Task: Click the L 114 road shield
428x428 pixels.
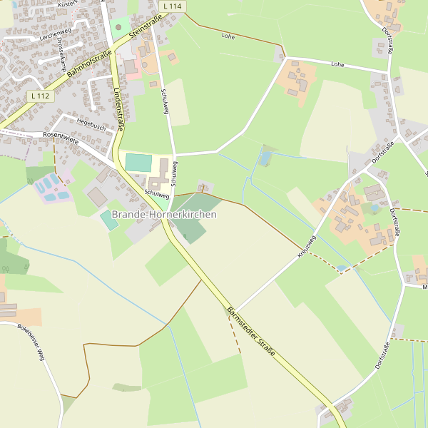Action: (x=173, y=6)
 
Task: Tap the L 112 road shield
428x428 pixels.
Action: (x=40, y=96)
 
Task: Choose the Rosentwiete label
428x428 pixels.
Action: (x=61, y=136)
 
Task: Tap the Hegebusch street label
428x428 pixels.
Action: (x=91, y=124)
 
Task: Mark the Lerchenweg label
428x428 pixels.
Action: (x=56, y=34)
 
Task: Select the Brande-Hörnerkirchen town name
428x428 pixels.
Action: (x=163, y=214)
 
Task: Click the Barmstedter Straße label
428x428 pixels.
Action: (x=250, y=332)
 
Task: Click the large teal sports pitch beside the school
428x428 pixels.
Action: (x=138, y=163)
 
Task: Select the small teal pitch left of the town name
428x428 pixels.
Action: (x=109, y=220)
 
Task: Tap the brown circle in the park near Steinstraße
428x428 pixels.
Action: (x=118, y=27)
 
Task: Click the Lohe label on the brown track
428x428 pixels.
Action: (x=228, y=35)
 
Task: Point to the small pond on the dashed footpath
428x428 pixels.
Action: (x=342, y=267)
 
